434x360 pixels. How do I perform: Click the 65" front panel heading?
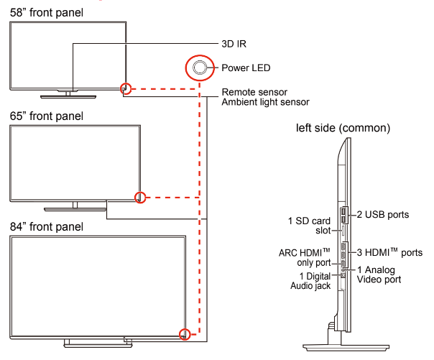pyautogui.click(x=47, y=116)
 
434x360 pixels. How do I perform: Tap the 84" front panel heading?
pyautogui.click(x=47, y=226)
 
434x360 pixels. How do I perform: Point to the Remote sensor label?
pyautogui.click(x=255, y=92)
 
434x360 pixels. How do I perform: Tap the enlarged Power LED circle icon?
pyautogui.click(x=199, y=68)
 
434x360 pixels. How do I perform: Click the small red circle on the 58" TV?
pyautogui.click(x=126, y=88)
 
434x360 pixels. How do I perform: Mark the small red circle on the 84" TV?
pyautogui.click(x=185, y=333)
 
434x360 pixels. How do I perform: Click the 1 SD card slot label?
pyautogui.click(x=308, y=225)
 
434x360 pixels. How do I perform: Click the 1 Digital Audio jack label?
pyautogui.click(x=310, y=281)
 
